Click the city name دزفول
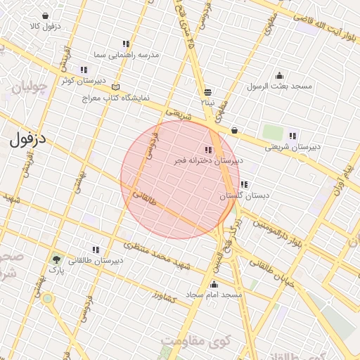tap(28, 139)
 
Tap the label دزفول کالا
tap(45, 26)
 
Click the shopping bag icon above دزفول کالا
tap(45, 15)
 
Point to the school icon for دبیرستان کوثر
tap(84, 70)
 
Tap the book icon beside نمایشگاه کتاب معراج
tap(115, 87)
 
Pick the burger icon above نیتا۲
tap(207, 92)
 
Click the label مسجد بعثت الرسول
tap(279, 86)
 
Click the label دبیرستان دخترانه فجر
tap(209, 160)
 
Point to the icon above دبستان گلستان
tap(243, 185)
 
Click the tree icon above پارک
tap(56, 259)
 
